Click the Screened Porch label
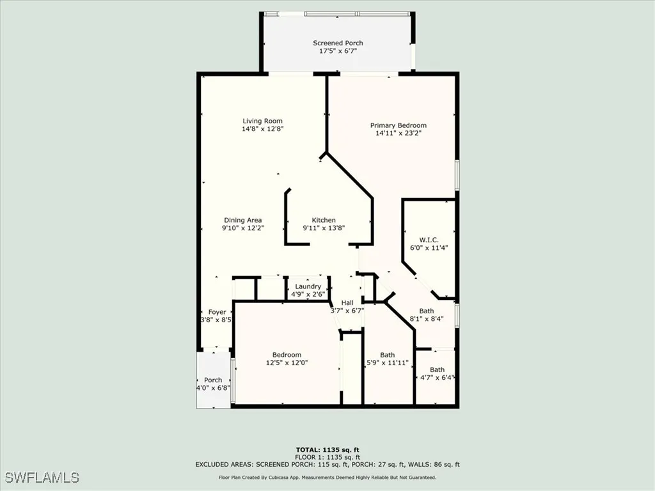click(338, 43)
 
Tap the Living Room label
click(262, 121)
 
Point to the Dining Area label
click(242, 220)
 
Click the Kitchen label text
click(324, 220)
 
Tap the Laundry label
click(308, 286)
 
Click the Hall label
click(347, 302)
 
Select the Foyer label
click(217, 312)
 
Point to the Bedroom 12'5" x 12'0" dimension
click(287, 363)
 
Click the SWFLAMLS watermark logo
click(42, 478)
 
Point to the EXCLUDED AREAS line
click(327, 465)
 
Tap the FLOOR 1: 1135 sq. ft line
click(327, 458)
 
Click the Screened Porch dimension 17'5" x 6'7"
click(338, 51)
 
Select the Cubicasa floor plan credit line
click(327, 477)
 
